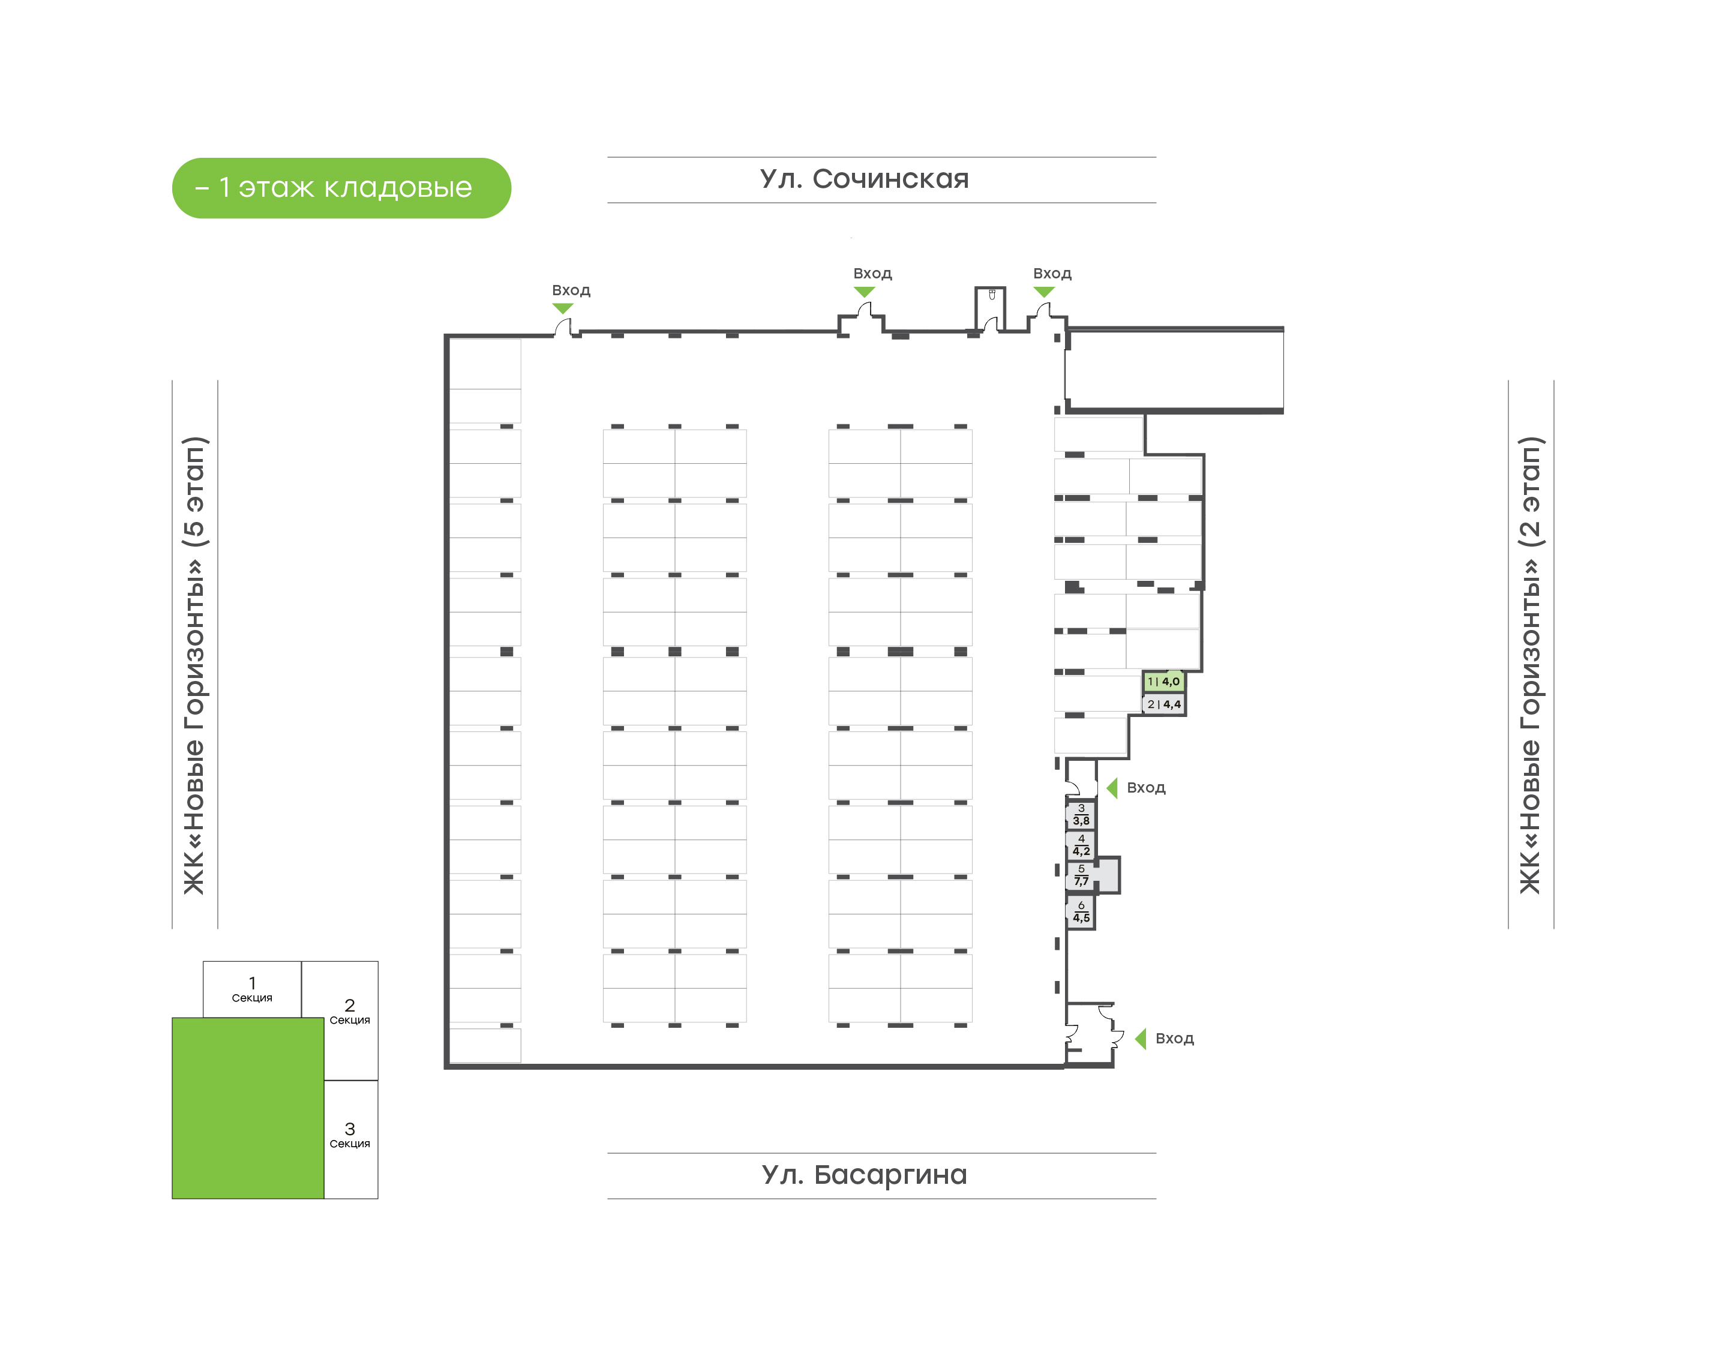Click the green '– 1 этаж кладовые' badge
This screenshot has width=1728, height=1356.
[341, 188]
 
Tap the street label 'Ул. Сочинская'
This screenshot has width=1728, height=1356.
[865, 179]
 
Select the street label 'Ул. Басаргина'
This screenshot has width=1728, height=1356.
[865, 1175]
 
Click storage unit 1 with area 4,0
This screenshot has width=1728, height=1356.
[1163, 681]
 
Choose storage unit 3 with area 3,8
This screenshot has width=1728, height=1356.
[1081, 815]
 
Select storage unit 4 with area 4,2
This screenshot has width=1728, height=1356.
[1081, 845]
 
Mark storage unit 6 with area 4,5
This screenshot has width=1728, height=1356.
[1081, 912]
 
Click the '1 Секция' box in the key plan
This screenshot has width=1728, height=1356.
[253, 989]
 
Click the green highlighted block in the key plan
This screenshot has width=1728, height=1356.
[248, 1108]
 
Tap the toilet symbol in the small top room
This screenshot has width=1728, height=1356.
[991, 295]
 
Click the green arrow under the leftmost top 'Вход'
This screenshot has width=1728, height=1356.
[563, 308]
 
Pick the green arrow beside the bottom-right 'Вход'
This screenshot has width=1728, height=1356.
[1141, 1039]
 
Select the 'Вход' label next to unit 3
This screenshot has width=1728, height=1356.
[1146, 788]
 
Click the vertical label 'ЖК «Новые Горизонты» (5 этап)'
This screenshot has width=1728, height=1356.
[194, 665]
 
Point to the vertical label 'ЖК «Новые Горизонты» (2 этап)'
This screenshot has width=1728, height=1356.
[1531, 665]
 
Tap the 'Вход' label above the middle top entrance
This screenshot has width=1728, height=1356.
[872, 274]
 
